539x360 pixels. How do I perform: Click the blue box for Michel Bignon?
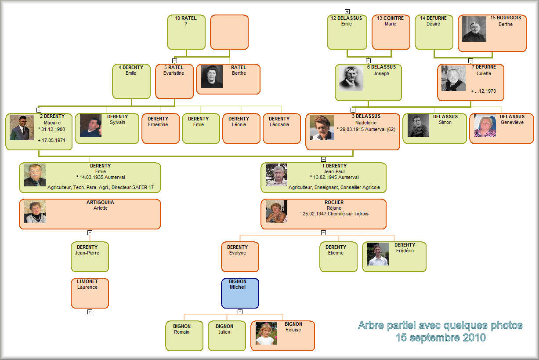click(240, 293)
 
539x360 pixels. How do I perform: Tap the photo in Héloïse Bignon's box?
click(266, 333)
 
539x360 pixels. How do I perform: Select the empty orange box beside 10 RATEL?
click(229, 32)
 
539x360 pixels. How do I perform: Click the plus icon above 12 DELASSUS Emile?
click(347, 11)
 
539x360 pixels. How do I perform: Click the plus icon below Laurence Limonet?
click(90, 312)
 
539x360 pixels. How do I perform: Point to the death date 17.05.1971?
click(51, 140)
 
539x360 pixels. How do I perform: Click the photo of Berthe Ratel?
click(212, 76)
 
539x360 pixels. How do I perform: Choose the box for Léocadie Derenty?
click(282, 128)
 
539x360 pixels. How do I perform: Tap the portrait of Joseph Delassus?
click(351, 78)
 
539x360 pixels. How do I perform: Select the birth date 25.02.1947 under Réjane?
click(314, 214)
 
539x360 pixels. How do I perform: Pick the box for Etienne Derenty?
click(338, 257)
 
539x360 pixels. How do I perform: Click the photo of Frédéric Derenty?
click(378, 254)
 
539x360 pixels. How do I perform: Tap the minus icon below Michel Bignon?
click(240, 312)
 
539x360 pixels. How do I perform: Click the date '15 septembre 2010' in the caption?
click(441, 338)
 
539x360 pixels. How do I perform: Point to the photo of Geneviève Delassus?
click(485, 126)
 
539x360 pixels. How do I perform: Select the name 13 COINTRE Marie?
click(390, 21)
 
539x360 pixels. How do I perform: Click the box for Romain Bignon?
click(184, 336)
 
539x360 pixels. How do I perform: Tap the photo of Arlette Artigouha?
click(35, 211)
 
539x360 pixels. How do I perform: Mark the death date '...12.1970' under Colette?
click(483, 91)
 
